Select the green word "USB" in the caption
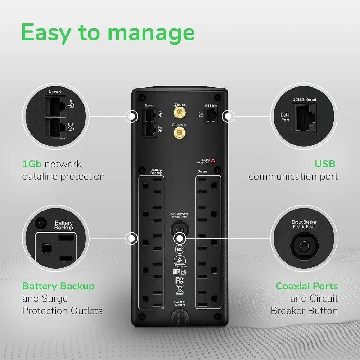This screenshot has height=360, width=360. pos(325,164)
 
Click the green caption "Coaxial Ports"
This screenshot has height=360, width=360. pos(306,286)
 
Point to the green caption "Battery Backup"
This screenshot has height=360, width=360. pos(58,286)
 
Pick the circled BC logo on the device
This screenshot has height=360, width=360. pos(179,248)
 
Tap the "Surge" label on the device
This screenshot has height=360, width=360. pos(202,172)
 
